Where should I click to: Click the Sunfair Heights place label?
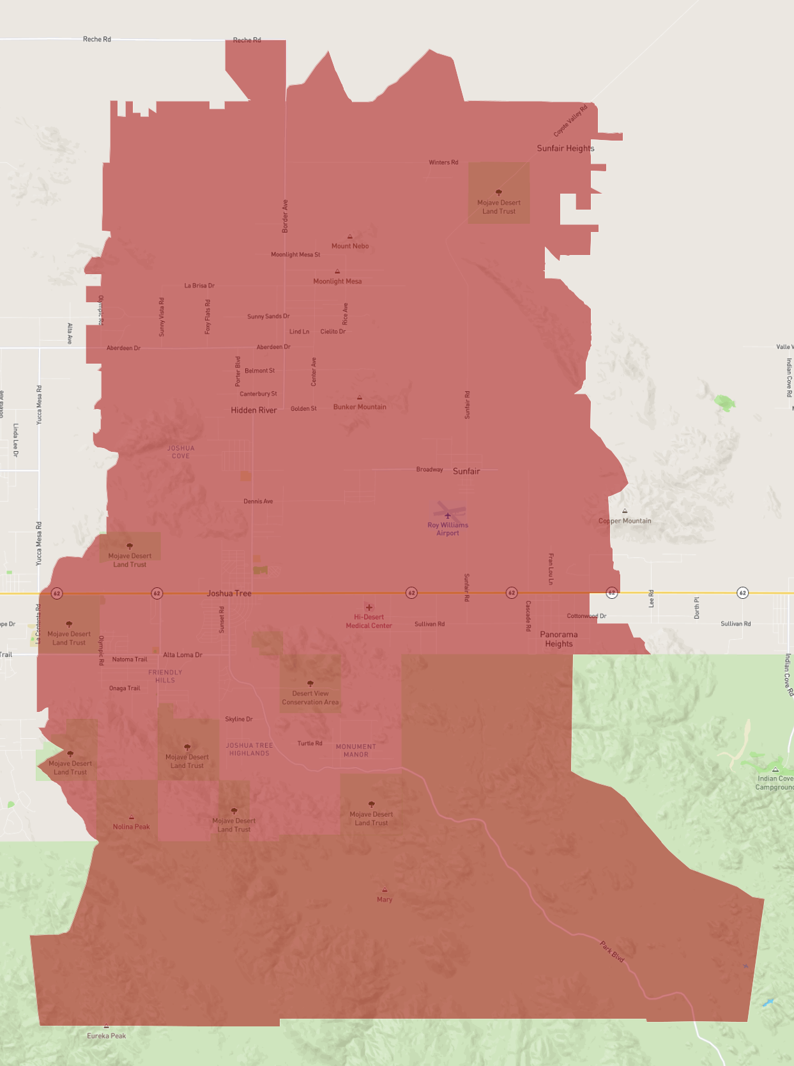(x=565, y=148)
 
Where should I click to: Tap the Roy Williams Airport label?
(x=448, y=529)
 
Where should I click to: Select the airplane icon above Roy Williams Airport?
(x=448, y=515)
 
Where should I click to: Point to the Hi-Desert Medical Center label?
(x=369, y=621)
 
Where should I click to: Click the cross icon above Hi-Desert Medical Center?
(x=369, y=607)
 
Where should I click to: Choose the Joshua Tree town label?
(x=229, y=594)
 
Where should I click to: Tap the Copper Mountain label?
(x=625, y=521)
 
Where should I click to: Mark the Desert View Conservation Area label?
(x=310, y=698)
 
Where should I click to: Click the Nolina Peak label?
(x=131, y=827)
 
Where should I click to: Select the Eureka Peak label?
(x=107, y=1036)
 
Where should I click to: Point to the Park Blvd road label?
(x=612, y=952)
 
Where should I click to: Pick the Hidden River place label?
(x=254, y=410)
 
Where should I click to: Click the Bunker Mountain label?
(x=360, y=407)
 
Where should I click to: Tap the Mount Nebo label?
(x=350, y=246)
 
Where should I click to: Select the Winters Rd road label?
(x=443, y=162)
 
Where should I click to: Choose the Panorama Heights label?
(x=559, y=639)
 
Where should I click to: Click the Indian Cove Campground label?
(x=775, y=783)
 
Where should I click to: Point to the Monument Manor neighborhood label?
(x=356, y=750)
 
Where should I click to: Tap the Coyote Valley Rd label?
(x=570, y=121)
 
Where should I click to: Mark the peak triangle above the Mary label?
(x=385, y=890)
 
